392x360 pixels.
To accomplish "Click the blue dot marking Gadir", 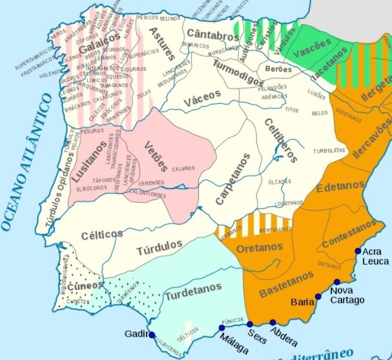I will (152, 335).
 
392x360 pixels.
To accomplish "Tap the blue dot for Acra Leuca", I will (358, 252).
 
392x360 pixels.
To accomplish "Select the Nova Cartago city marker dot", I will (337, 282).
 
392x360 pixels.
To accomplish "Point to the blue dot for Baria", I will (318, 297).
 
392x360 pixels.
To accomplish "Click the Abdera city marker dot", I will (273, 323).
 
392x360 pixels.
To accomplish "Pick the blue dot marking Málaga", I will (222, 327).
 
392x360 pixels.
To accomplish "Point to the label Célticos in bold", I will (102, 236).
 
